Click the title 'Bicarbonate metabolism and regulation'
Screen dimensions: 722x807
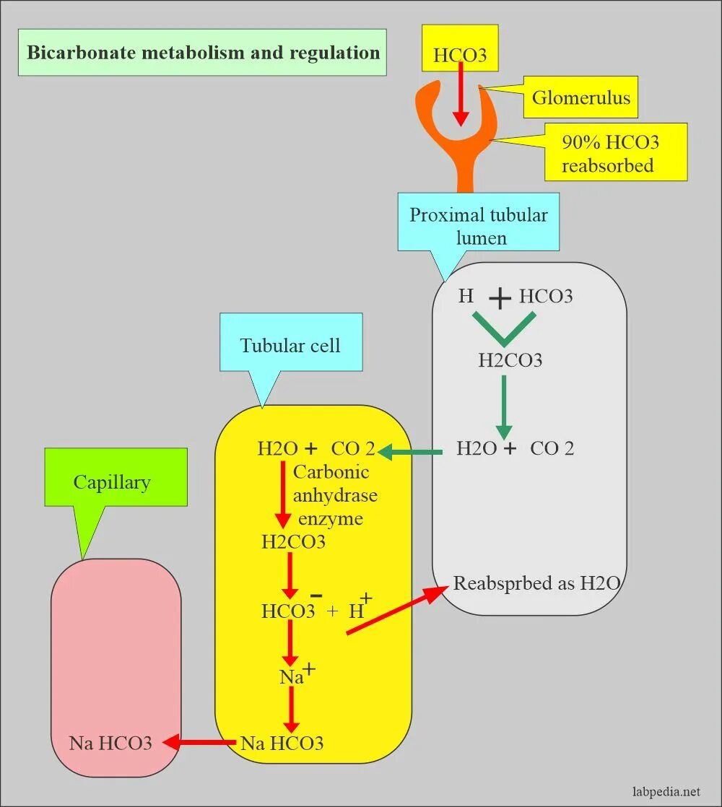[x=203, y=53]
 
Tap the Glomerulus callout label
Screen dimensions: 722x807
[x=580, y=97]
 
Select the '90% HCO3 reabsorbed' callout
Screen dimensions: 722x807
[x=616, y=152]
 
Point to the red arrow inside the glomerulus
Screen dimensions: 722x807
[x=461, y=94]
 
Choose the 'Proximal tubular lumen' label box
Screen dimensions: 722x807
[x=479, y=222]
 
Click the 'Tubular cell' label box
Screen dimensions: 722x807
[x=291, y=342]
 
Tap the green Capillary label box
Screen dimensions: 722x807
[x=116, y=477]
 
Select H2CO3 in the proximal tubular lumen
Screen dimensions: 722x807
[x=510, y=360]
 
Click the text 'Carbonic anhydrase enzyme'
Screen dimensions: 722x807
[x=334, y=495]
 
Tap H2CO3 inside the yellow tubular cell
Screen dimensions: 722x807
[x=293, y=542]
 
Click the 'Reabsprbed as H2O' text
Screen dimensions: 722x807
[x=536, y=583]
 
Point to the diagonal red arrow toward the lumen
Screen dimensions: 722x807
[x=396, y=611]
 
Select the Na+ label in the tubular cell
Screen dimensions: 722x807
[x=297, y=675]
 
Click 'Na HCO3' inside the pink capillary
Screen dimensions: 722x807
[x=110, y=743]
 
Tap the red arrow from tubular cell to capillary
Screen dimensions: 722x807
[x=199, y=743]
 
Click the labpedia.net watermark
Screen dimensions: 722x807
[x=666, y=792]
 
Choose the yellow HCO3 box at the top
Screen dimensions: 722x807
[x=460, y=48]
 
